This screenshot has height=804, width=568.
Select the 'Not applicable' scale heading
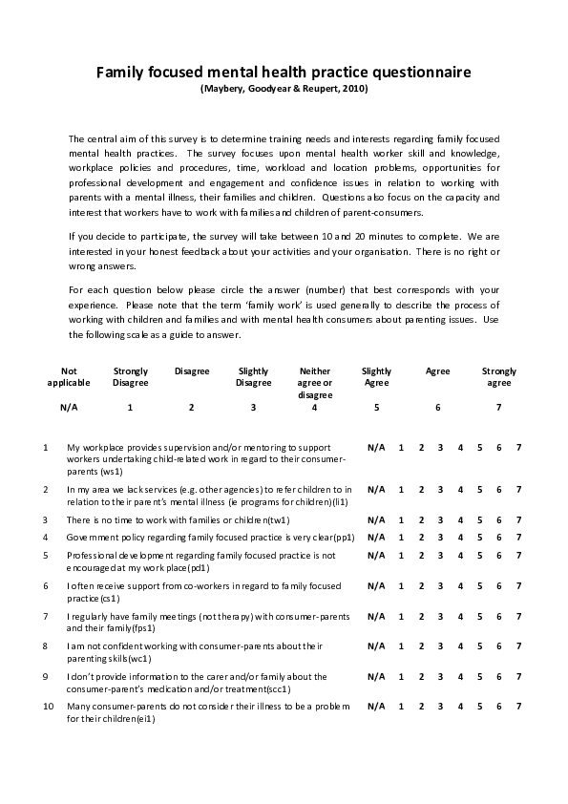pyautogui.click(x=69, y=376)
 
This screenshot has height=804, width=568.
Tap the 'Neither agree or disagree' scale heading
pyautogui.click(x=314, y=382)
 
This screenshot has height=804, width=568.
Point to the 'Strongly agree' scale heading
pyautogui.click(x=498, y=376)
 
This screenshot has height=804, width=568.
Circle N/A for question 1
pyautogui.click(x=376, y=447)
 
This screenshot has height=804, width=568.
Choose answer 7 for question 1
pyautogui.click(x=518, y=447)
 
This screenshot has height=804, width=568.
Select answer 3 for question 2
pyautogui.click(x=440, y=489)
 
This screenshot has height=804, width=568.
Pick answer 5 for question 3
pyautogui.click(x=480, y=519)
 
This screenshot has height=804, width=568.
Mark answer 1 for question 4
pyautogui.click(x=401, y=538)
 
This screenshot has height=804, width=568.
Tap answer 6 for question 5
pyautogui.click(x=499, y=556)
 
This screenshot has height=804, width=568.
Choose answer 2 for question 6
pyautogui.click(x=421, y=586)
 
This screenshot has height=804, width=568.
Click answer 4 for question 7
pyautogui.click(x=460, y=616)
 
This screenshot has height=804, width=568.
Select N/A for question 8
pyautogui.click(x=376, y=646)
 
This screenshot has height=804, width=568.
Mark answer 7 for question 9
pyautogui.click(x=518, y=677)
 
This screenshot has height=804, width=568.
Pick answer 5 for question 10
pyautogui.click(x=480, y=707)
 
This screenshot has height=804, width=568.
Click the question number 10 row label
pyautogui.click(x=47, y=707)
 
